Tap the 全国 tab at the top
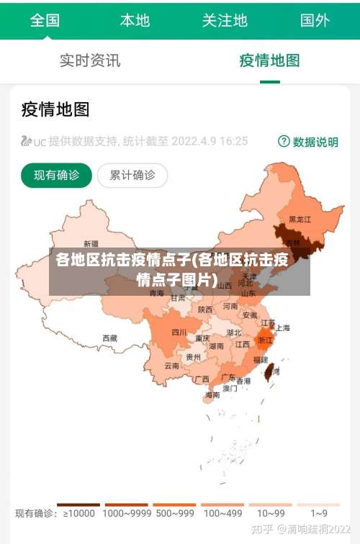pyautogui.click(x=45, y=20)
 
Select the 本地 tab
pyautogui.click(x=135, y=20)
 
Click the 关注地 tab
pyautogui.click(x=225, y=20)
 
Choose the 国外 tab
pyautogui.click(x=315, y=20)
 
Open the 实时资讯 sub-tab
pyautogui.click(x=90, y=60)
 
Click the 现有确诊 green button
pyautogui.click(x=56, y=175)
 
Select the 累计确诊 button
pyautogui.click(x=132, y=175)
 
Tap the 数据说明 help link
pyautogui.click(x=308, y=142)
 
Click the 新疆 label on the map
pyautogui.click(x=91, y=244)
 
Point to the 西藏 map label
pyautogui.click(x=109, y=337)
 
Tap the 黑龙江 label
pyautogui.click(x=300, y=219)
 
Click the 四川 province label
pyautogui.click(x=179, y=332)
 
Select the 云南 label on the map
pyautogui.click(x=171, y=366)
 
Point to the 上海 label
pyautogui.click(x=282, y=327)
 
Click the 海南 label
pyautogui.click(x=212, y=394)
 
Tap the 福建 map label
pyautogui.click(x=259, y=359)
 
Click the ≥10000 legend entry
pyautogui.click(x=78, y=513)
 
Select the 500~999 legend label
pyautogui.click(x=174, y=513)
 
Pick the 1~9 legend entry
pyautogui.click(x=319, y=513)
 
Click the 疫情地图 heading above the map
pyautogui.click(x=55, y=109)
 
